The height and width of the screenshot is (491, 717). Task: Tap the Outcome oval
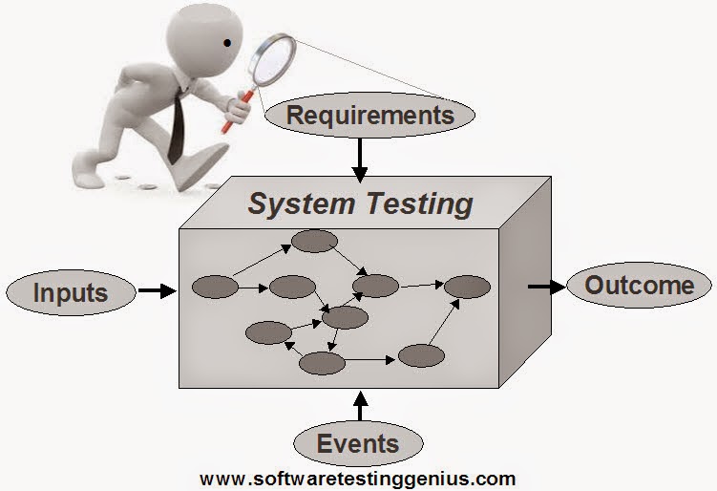coord(639,285)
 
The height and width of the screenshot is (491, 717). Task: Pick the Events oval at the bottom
coord(357,443)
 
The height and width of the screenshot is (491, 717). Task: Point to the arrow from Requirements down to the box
coord(359,160)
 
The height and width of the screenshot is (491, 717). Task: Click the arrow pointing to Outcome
coord(545,286)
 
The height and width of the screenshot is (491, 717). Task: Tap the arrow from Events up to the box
coord(359,405)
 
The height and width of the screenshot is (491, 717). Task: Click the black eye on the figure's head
coord(228,44)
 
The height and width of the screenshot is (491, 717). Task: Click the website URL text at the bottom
coord(358,478)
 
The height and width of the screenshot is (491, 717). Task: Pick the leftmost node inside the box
coord(215,286)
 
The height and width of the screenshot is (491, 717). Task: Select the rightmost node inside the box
coord(467,286)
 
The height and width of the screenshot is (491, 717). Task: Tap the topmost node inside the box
coord(314,241)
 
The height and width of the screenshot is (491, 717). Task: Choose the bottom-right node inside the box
coord(422,356)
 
